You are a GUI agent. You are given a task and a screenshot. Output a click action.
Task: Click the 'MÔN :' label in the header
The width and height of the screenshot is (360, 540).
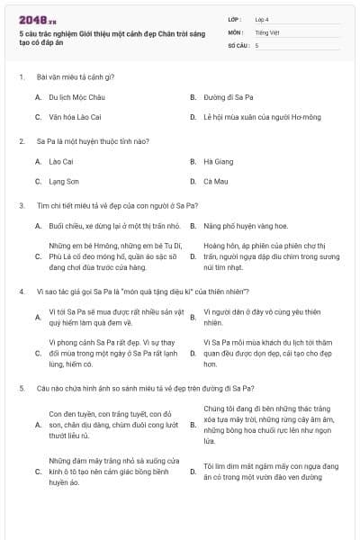point(236,31)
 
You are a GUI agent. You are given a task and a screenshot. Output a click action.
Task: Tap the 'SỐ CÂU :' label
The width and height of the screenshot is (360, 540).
point(238,44)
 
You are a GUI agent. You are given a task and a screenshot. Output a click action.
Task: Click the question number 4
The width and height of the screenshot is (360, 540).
point(21,291)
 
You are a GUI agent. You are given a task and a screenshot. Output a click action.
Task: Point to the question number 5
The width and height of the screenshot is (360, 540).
point(21,388)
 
